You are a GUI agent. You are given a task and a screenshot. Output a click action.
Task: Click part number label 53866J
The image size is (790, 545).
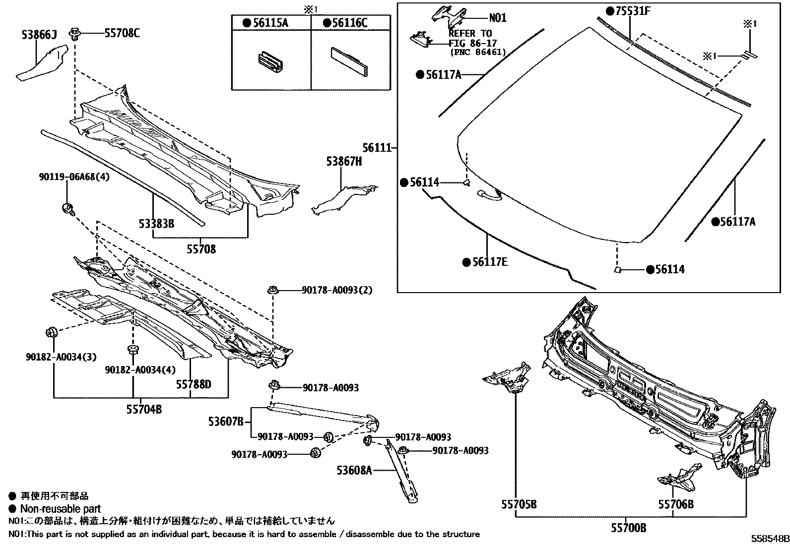(x=39, y=35)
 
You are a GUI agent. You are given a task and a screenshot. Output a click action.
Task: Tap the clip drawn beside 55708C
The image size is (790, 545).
(x=75, y=35)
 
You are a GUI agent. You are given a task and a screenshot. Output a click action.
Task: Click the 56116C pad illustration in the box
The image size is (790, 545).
(x=350, y=61)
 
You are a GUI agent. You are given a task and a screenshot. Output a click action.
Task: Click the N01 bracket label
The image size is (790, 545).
(x=498, y=18)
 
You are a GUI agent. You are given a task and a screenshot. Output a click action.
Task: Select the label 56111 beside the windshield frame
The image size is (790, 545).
(x=377, y=148)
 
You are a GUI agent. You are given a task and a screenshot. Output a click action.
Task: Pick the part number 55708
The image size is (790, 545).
(x=201, y=249)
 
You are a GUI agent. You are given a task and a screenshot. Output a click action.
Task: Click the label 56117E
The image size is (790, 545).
(x=490, y=262)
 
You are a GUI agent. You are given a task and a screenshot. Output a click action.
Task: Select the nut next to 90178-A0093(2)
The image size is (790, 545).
(x=272, y=290)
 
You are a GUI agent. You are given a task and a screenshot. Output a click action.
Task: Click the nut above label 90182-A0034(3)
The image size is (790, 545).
(x=51, y=332)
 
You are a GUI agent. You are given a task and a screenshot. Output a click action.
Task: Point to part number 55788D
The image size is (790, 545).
(x=194, y=384)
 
